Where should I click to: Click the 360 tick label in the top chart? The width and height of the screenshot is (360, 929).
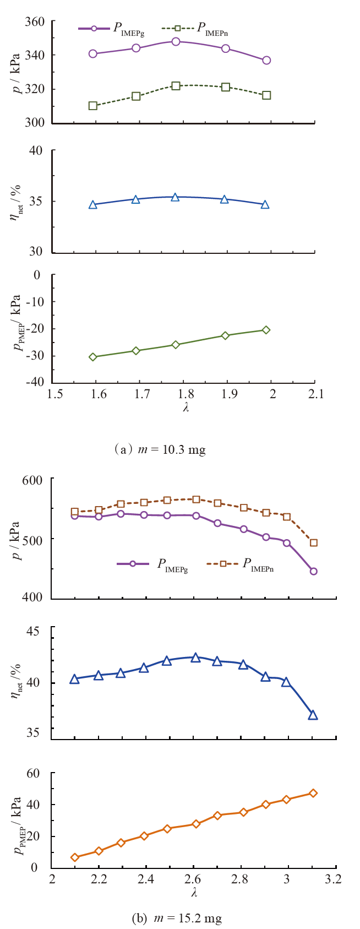coord(36,21)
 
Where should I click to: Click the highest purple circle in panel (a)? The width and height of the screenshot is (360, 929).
coord(176,41)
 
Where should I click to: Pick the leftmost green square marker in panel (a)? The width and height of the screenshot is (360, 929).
coord(93,105)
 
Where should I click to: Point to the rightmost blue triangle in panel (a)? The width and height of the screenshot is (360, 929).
coord(265,204)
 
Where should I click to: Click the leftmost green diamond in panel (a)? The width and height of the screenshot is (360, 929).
coord(93,357)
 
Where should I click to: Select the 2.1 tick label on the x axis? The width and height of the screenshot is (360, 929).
coord(314,394)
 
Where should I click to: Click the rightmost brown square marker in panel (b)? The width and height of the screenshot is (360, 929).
coord(313,542)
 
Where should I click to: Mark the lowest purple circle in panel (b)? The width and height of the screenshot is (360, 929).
coord(313,571)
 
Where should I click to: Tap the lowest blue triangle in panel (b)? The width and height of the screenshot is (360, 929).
coord(313,715)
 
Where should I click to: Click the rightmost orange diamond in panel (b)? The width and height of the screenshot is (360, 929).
coord(313,793)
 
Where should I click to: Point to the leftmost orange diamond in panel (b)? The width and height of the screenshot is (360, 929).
coord(75,857)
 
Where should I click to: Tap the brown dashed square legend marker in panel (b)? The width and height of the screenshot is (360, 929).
coord(223,563)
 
